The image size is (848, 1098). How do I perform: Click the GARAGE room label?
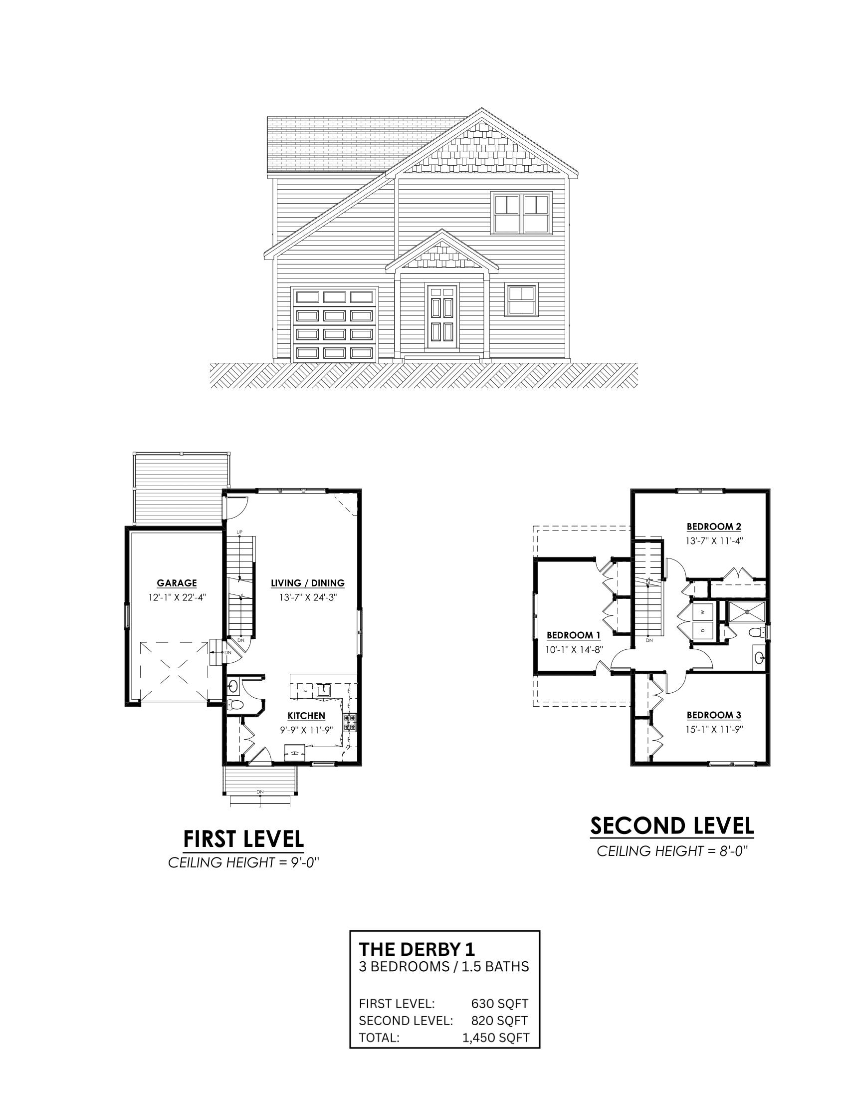(x=176, y=583)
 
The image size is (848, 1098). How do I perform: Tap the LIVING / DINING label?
(x=307, y=583)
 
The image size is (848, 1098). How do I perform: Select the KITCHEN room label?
(x=306, y=716)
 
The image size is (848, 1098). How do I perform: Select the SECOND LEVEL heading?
(x=672, y=825)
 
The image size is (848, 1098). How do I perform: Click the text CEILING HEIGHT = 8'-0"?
(x=672, y=851)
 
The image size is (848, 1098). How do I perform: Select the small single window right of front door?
(x=521, y=300)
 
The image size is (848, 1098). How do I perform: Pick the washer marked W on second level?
(x=703, y=612)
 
